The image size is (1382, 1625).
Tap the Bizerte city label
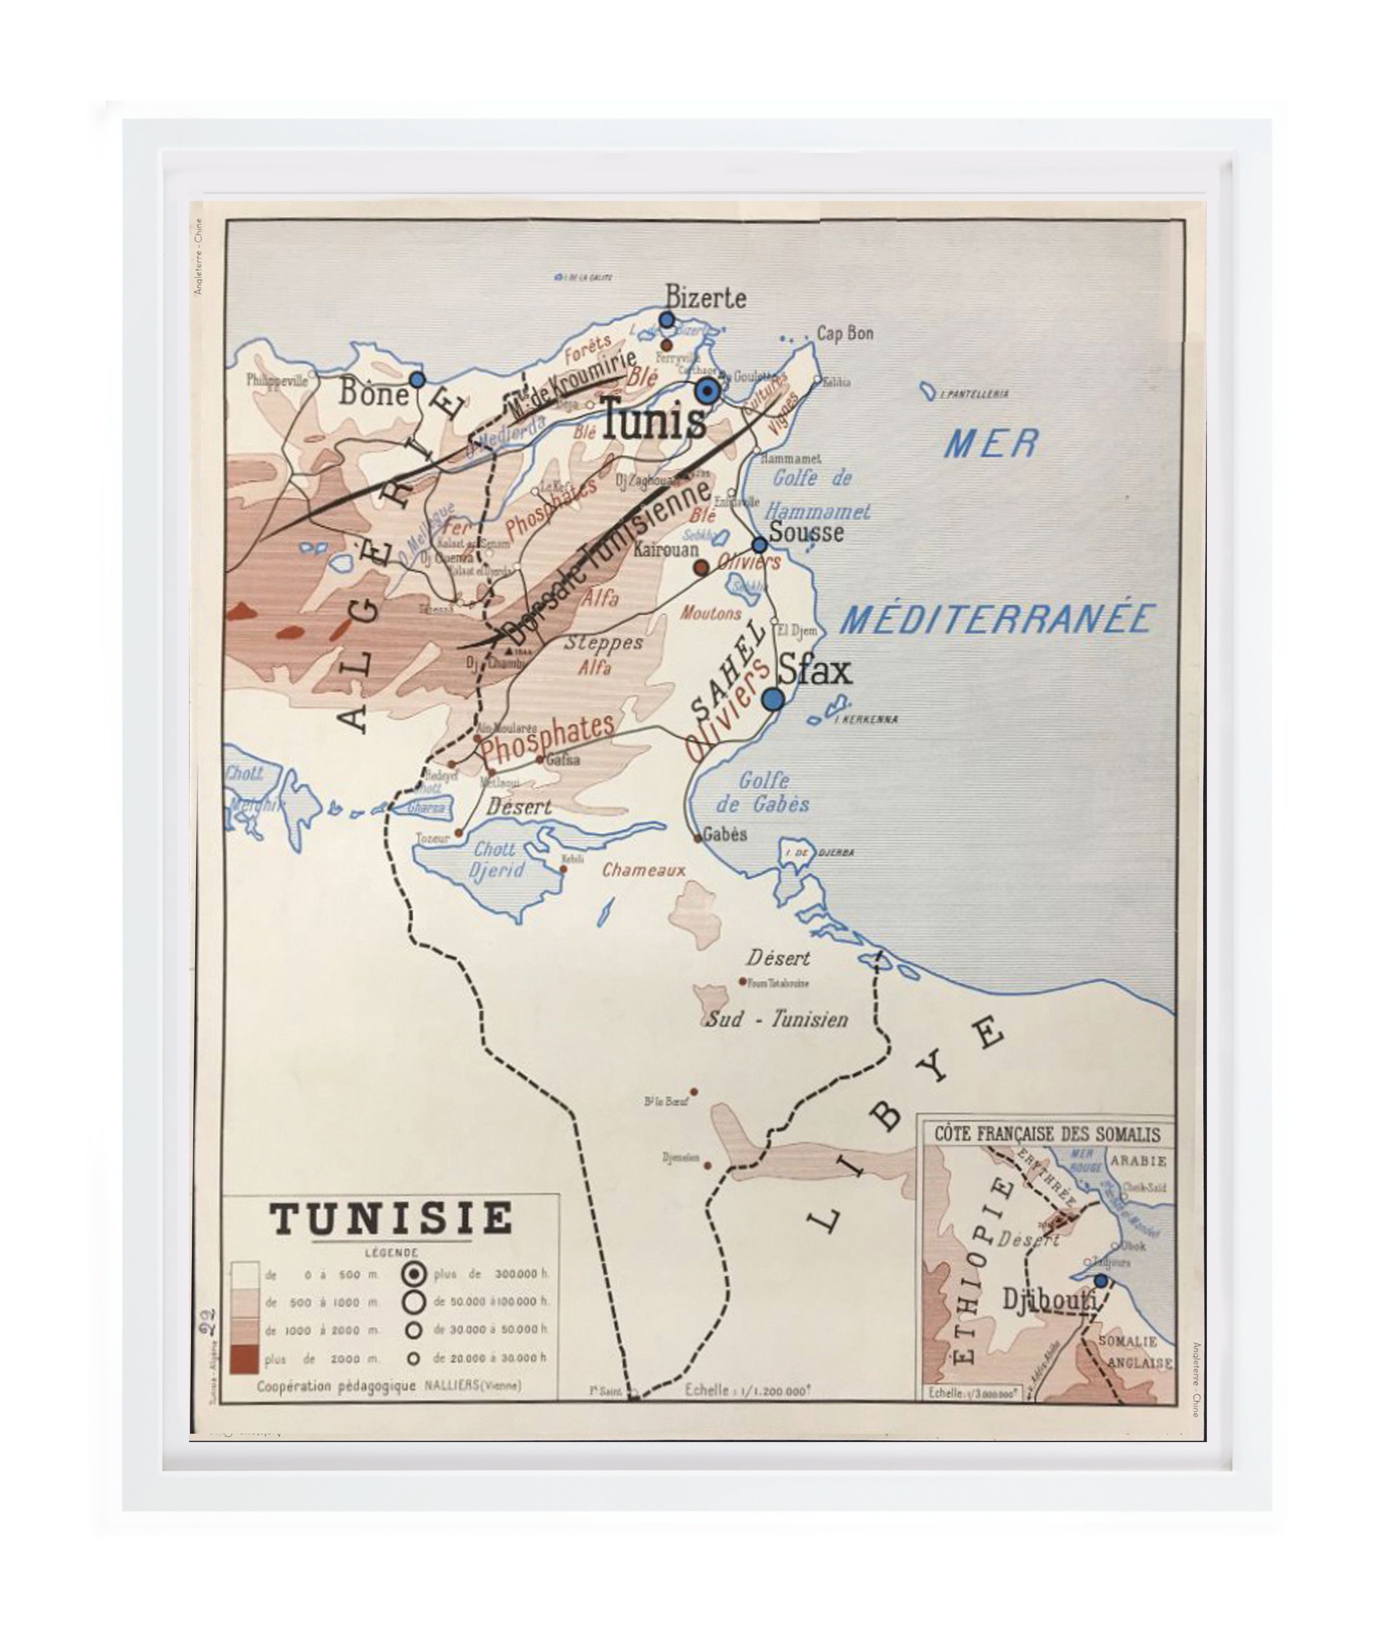pos(705,298)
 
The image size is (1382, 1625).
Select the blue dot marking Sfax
pos(773,699)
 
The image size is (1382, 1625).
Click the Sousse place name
pos(806,533)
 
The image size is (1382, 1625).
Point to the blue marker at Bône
pos(416,379)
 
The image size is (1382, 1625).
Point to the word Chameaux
pos(643,870)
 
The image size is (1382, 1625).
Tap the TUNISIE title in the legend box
pos(391,1219)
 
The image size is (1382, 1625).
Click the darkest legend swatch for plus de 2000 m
pos(245,1359)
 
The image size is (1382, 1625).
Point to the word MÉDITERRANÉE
pos(996,619)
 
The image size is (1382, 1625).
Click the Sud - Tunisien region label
pos(777,1019)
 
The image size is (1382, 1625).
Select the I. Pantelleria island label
pos(974,394)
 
